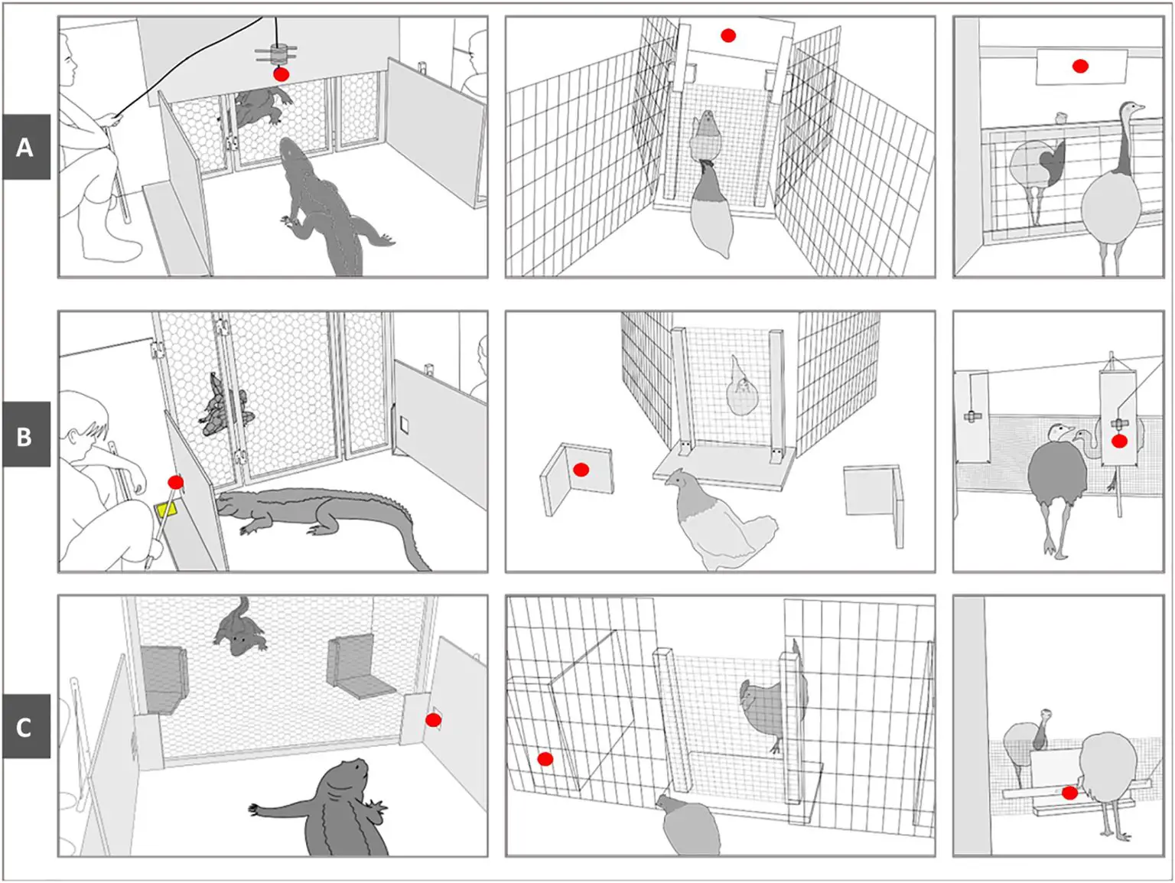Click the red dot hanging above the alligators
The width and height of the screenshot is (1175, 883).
pos(281,74)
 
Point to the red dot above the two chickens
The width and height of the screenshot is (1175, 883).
pos(728,35)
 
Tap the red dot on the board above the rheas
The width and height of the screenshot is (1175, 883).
pos(1080,66)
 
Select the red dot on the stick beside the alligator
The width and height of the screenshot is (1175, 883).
pos(176,482)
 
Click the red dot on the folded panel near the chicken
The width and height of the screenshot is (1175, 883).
pos(581,470)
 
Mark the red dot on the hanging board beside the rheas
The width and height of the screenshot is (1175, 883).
pos(1119,441)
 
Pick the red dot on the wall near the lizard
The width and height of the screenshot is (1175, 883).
pos(433,720)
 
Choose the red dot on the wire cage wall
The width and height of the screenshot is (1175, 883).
pos(545,759)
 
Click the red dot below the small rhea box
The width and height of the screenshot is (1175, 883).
pos(1069,793)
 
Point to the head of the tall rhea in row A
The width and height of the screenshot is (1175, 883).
pos(1131,109)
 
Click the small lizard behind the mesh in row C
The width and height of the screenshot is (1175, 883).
pos(239,627)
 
